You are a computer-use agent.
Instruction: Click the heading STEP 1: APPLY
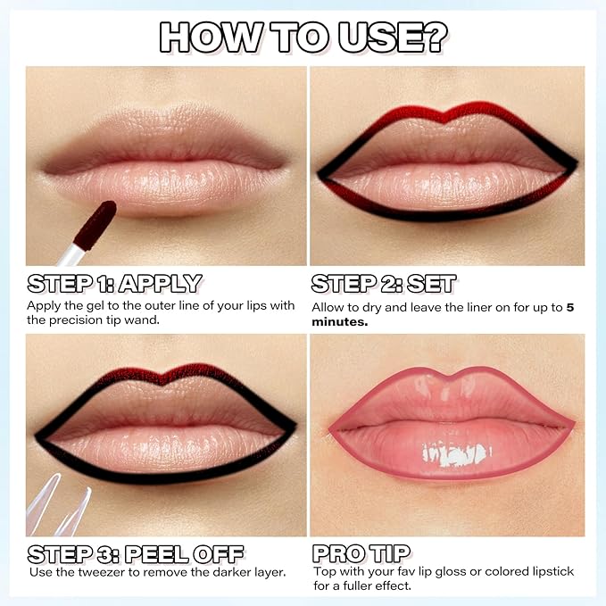point(114,284)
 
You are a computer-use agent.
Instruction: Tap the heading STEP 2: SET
point(384,284)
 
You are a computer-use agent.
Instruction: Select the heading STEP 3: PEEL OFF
point(135,552)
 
